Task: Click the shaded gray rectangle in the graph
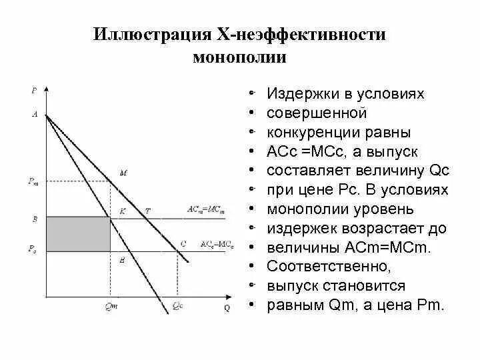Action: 77,233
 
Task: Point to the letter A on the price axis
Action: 35,114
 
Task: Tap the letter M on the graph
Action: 123,173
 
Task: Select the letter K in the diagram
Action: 122,211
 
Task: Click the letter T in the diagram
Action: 147,211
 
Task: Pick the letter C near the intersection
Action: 183,245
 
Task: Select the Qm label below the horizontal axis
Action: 110,307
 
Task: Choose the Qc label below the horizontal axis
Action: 177,307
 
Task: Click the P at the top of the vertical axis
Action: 34,89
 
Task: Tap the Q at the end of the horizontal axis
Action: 226,307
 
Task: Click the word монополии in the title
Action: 239,57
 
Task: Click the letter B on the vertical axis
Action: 34,218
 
